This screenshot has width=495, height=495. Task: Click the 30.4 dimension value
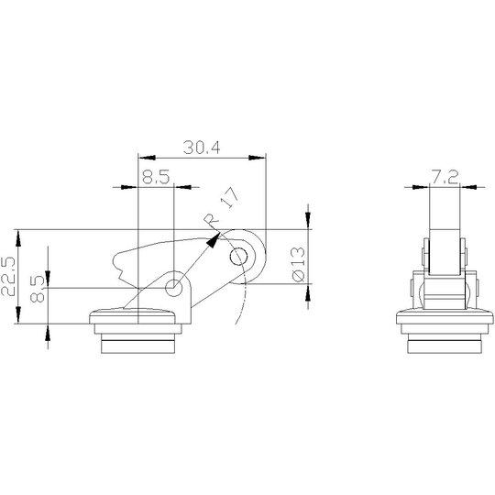(x=202, y=148)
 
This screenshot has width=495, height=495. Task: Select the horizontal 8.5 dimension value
(x=156, y=177)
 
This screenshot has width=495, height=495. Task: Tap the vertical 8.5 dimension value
(x=38, y=289)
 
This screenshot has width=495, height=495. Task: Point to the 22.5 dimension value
(x=8, y=276)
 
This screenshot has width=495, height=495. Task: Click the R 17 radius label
(x=221, y=205)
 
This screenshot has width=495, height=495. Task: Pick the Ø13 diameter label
(x=299, y=264)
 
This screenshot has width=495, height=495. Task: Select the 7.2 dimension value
(x=445, y=178)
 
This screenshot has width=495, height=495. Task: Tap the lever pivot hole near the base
(x=173, y=288)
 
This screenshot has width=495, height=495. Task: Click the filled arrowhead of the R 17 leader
(x=213, y=240)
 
